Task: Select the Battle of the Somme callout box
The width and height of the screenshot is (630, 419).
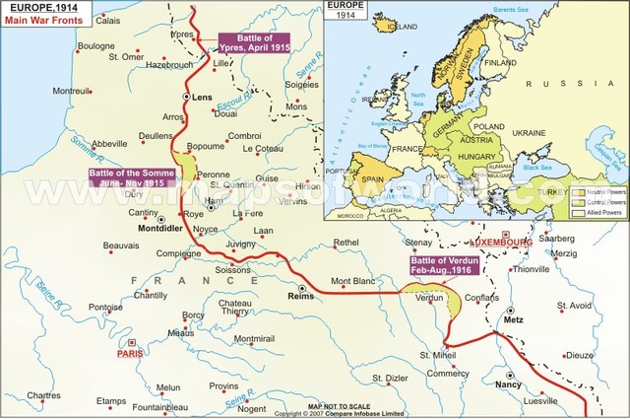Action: click(132, 177)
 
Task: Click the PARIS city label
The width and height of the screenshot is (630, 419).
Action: click(131, 353)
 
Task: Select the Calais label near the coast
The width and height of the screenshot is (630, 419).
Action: click(109, 20)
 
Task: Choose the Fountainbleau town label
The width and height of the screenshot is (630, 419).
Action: click(134, 406)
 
